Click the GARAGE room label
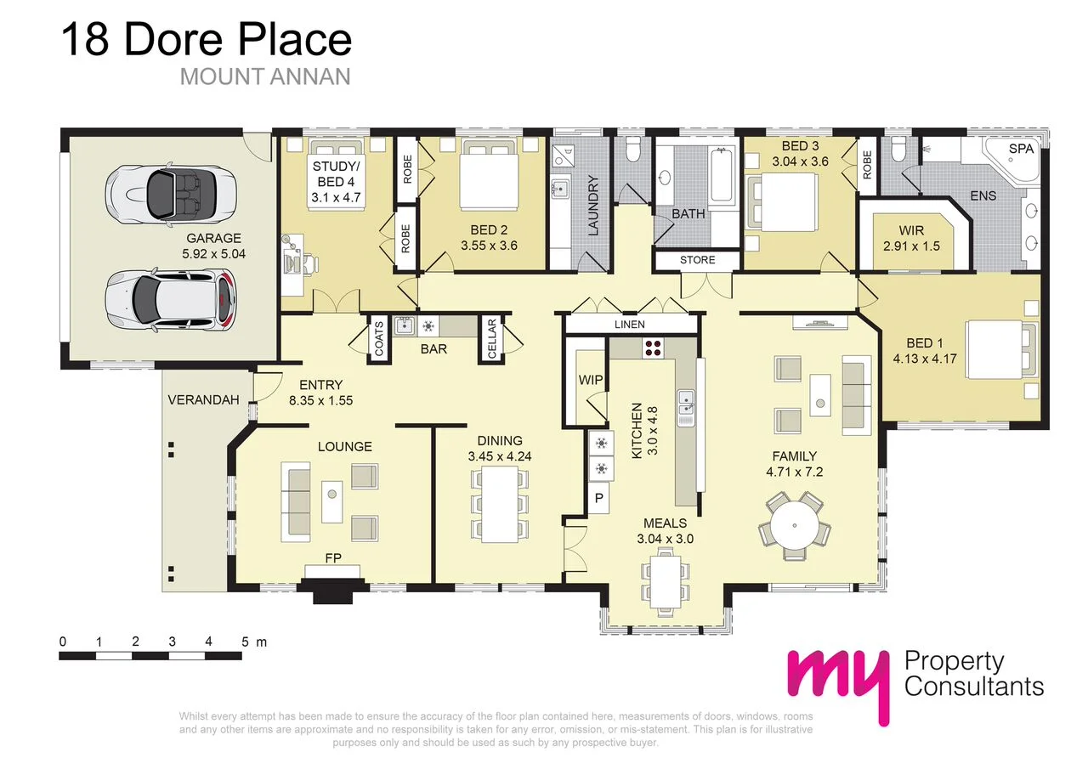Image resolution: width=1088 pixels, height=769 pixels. [212, 239]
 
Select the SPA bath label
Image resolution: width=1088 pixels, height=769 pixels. [1021, 149]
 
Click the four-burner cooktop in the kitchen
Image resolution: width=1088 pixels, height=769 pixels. [653, 348]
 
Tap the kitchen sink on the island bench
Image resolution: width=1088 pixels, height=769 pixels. [686, 407]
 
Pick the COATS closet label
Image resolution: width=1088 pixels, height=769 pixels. [379, 339]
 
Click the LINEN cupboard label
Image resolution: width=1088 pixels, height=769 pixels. [630, 325]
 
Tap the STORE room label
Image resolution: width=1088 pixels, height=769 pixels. [697, 260]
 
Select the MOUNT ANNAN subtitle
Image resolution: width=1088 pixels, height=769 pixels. [265, 76]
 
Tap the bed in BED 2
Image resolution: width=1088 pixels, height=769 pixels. [486, 177]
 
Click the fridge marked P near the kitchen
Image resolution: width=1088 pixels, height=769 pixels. [598, 498]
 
